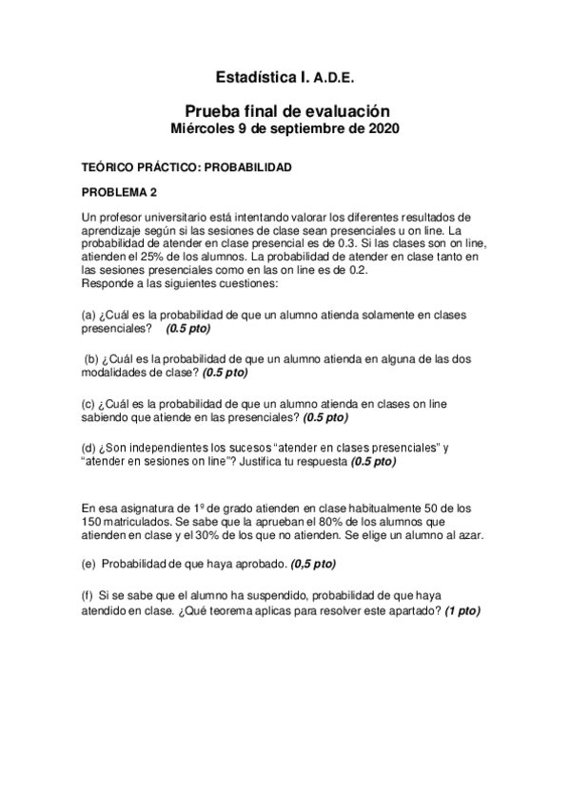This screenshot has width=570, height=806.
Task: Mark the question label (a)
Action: (x=92, y=315)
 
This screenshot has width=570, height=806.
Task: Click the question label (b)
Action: (x=93, y=358)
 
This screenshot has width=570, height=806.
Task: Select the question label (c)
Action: (x=91, y=403)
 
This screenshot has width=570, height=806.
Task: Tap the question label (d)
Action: (x=92, y=448)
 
